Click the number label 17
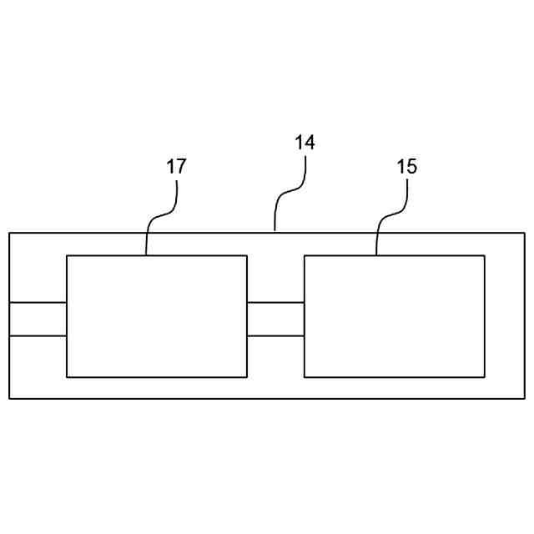coord(176,166)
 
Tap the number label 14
coord(305,143)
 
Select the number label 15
coord(406,166)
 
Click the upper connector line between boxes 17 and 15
coord(275,303)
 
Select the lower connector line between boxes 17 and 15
coord(275,335)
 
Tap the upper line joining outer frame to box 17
coord(38,302)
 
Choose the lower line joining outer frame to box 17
coord(38,335)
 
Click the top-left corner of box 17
coord(67,255)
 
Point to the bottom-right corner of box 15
coord(485,377)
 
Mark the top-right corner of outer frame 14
coord(524,233)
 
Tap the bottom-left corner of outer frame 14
coord(9,399)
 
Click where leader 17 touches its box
coord(146,255)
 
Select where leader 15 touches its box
coord(376,255)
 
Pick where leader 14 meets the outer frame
coord(275,233)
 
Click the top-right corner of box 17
coord(247,255)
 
